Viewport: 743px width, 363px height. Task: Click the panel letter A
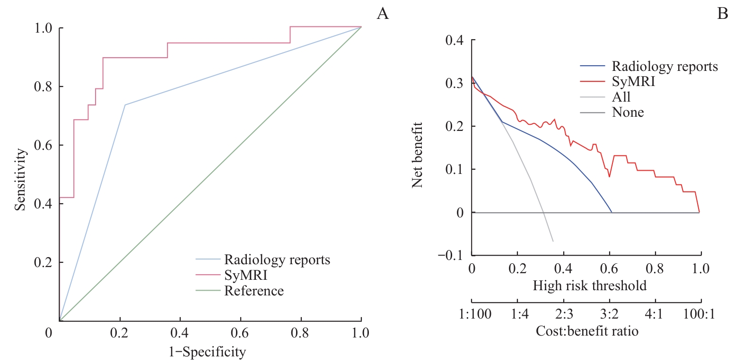[383, 14]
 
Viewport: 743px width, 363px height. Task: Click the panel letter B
[722, 14]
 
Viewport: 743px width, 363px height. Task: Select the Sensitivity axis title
[20, 180]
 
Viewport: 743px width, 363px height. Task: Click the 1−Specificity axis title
[207, 352]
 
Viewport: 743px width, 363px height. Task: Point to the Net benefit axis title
[417, 155]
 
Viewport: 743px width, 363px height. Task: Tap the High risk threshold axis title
[589, 286]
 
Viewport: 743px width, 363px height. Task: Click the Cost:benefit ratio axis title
[587, 331]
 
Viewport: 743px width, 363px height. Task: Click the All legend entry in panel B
[621, 97]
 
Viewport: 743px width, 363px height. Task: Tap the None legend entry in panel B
[628, 112]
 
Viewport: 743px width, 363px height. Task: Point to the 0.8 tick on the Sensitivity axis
[43, 87]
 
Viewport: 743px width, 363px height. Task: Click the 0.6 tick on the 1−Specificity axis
[240, 333]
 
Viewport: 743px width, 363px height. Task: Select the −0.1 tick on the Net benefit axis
[451, 256]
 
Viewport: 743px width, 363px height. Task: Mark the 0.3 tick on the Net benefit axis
[454, 83]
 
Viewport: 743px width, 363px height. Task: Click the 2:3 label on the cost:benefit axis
[564, 314]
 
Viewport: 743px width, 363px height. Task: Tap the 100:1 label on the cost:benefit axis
[699, 314]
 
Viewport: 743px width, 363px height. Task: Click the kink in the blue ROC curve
[125, 105]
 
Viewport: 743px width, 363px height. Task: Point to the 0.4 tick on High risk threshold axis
[563, 269]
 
